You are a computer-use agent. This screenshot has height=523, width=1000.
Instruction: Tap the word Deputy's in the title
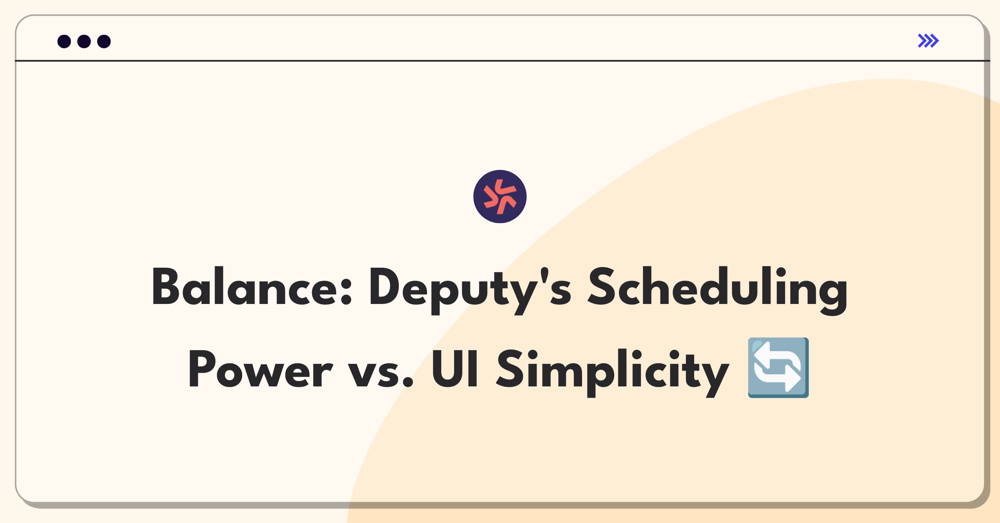pyautogui.click(x=470, y=290)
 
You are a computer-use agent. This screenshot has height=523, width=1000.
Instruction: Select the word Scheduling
pyautogui.click(x=717, y=290)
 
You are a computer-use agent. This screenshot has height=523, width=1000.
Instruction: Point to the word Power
pyautogui.click(x=261, y=369)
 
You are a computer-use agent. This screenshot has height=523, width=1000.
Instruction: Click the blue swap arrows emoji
pyautogui.click(x=778, y=368)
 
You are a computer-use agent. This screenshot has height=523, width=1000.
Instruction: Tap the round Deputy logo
pyautogui.click(x=500, y=197)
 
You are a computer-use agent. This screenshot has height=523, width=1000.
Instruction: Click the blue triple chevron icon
pyautogui.click(x=928, y=41)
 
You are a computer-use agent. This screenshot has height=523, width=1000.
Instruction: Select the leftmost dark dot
pyautogui.click(x=64, y=41)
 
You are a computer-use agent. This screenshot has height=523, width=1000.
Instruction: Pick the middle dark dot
pyautogui.click(x=84, y=41)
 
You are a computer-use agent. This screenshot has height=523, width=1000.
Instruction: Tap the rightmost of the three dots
pyautogui.click(x=104, y=41)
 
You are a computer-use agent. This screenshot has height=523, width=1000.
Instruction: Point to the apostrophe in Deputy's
pyautogui.click(x=544, y=275)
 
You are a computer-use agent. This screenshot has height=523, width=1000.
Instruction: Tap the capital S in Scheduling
pyautogui.click(x=601, y=287)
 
